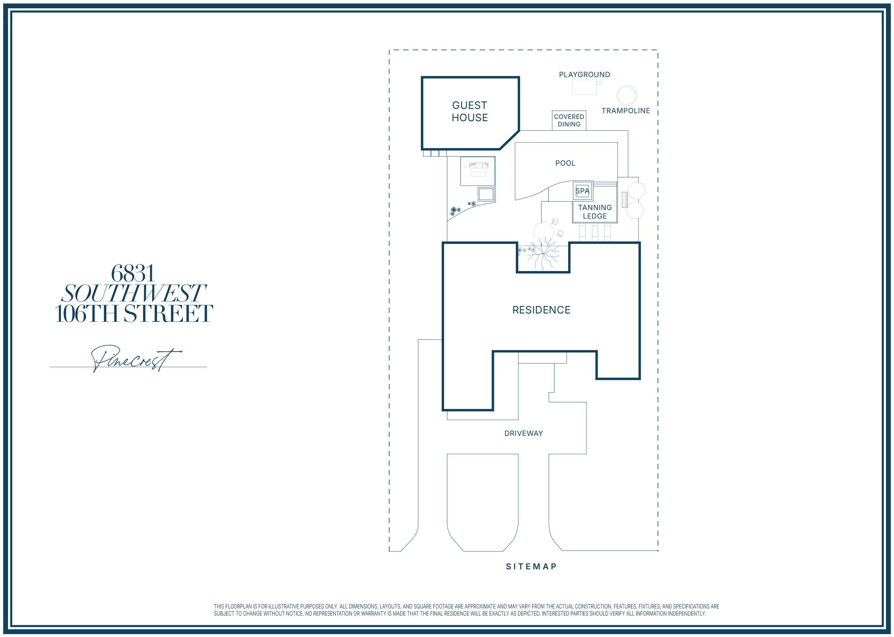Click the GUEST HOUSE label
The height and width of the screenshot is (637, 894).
(x=470, y=111)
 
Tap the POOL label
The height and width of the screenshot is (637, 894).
(x=565, y=163)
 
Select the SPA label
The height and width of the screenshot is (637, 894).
(x=582, y=191)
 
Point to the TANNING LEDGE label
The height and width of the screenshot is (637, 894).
(x=595, y=212)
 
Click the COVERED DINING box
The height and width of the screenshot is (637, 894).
(x=569, y=120)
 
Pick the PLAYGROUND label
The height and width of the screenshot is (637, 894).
(x=584, y=75)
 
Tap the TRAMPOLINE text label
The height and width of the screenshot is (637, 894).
(x=626, y=111)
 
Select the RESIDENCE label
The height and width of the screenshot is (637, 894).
(x=541, y=310)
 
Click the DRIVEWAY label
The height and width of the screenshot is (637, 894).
(x=524, y=434)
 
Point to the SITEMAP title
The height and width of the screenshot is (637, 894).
(x=531, y=567)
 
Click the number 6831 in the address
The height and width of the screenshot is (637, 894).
(x=133, y=273)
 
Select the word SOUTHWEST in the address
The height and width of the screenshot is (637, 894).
(x=133, y=293)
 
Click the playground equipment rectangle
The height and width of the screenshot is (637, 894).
(x=584, y=87)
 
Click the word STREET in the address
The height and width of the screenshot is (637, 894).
(x=168, y=313)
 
